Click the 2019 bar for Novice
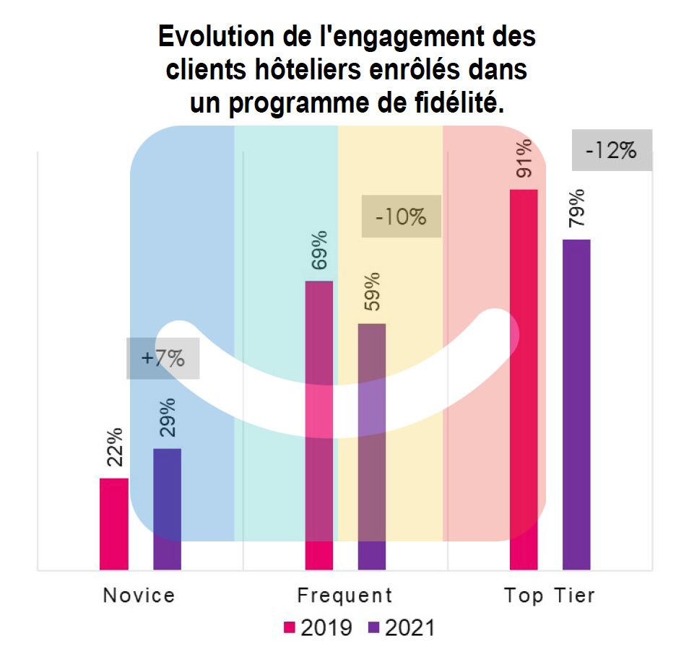coord(114,523)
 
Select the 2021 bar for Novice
coord(168,509)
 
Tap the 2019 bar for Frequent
coord(319,425)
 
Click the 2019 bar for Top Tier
coord(524,379)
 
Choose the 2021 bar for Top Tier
coord(576,404)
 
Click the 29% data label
coord(168,418)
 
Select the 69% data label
coord(319,250)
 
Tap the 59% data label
coord(373,292)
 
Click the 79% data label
coord(577,208)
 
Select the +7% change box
coord(162,358)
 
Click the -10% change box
coord(401,216)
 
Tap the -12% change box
coord(612,151)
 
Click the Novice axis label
coord(139,596)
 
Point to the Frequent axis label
coord(344,596)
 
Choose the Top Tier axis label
coord(550,596)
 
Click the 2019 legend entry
coord(318,628)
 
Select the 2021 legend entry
coord(402,628)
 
